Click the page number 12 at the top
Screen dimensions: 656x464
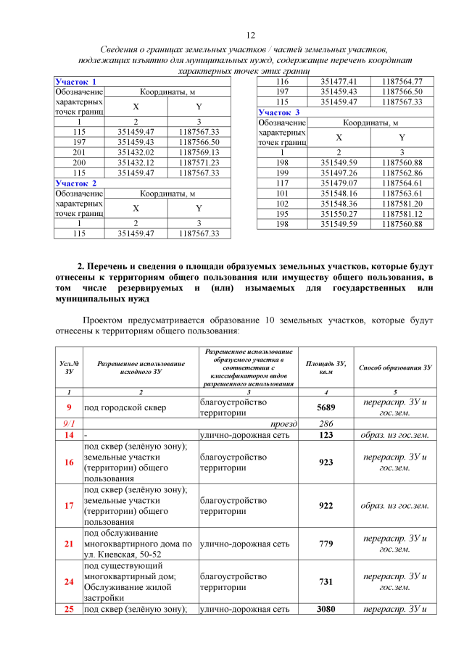(252, 35)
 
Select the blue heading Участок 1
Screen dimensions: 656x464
(76, 82)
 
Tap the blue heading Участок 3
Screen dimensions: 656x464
(279, 112)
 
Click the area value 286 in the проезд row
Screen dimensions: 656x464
(326, 423)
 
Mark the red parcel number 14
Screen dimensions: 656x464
(69, 435)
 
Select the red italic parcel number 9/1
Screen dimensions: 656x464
(69, 423)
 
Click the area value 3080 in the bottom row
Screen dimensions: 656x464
(326, 610)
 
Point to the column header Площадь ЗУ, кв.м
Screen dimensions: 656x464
(326, 367)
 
